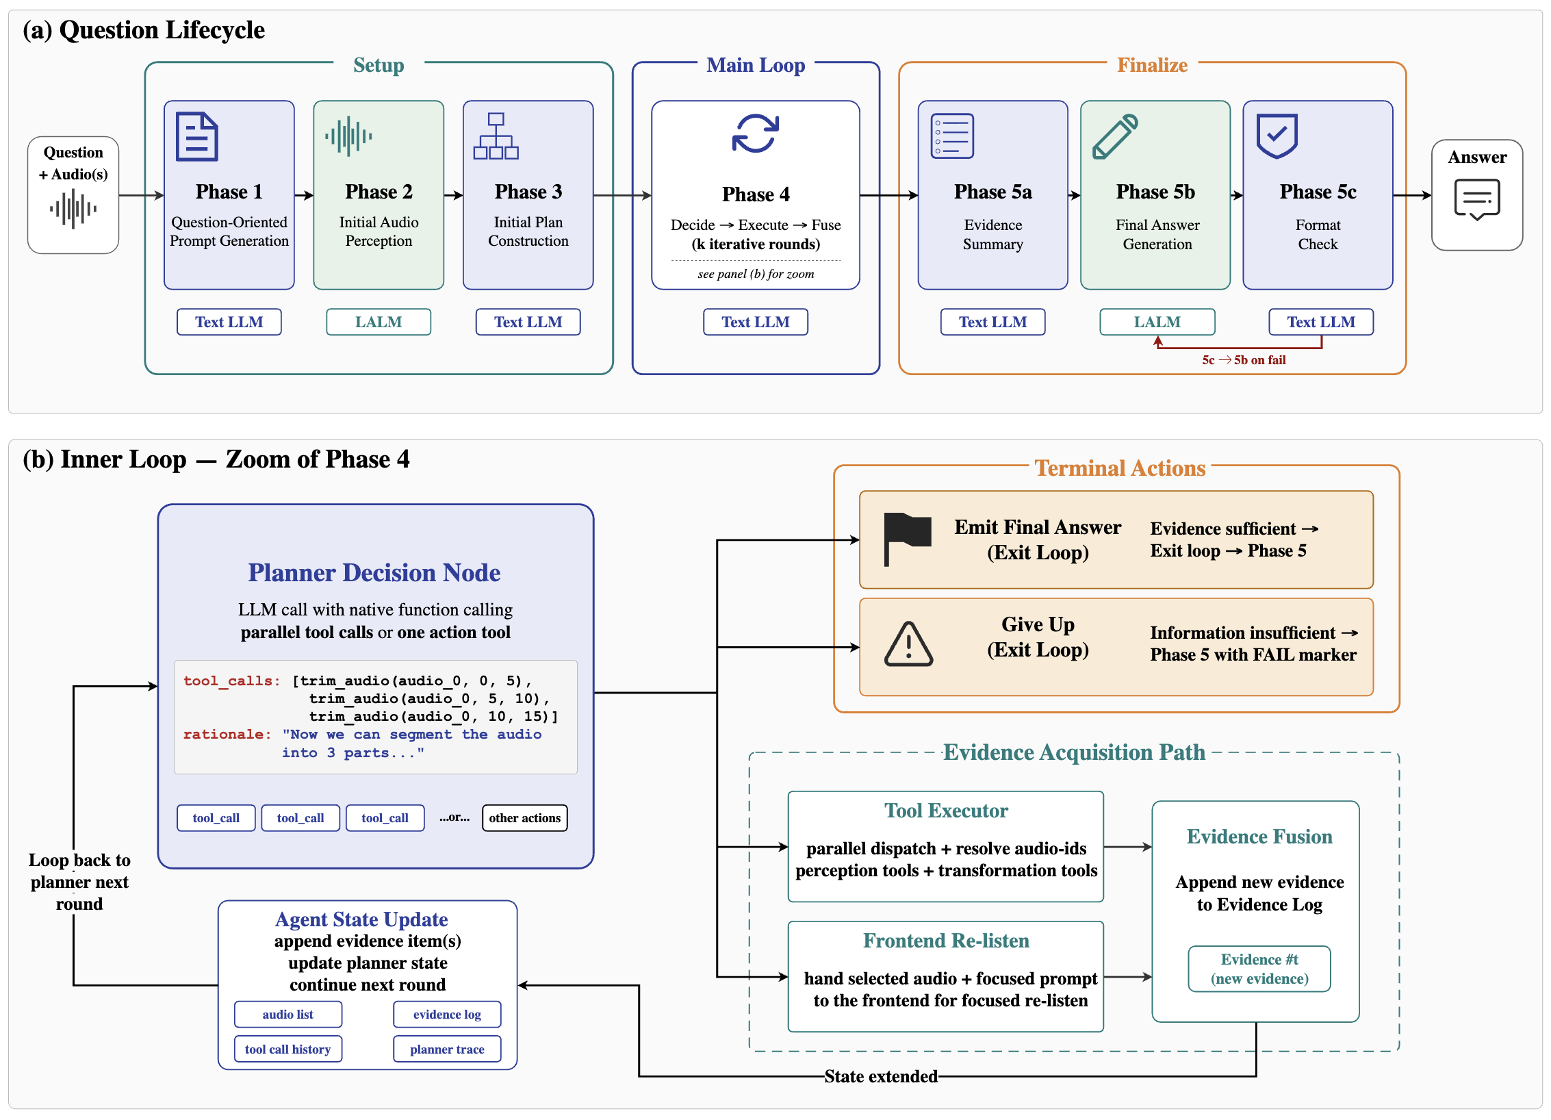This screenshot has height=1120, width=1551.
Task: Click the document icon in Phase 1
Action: pyautogui.click(x=197, y=136)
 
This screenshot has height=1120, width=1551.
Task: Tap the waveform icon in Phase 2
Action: pyautogui.click(x=348, y=136)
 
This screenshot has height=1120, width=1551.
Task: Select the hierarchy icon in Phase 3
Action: pyautogui.click(x=496, y=136)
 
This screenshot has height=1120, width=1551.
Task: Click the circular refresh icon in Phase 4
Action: pyautogui.click(x=755, y=133)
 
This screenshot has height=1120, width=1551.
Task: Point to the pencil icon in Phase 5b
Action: pyautogui.click(x=1115, y=136)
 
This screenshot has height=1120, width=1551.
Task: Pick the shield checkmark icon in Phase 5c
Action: pyautogui.click(x=1277, y=136)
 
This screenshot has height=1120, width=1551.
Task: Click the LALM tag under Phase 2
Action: pyautogui.click(x=379, y=322)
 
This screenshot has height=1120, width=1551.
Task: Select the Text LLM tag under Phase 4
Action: pyautogui.click(x=756, y=322)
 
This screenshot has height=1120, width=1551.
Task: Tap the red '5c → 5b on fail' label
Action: pyautogui.click(x=1244, y=360)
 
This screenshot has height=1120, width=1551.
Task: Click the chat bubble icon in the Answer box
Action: pyautogui.click(x=1477, y=200)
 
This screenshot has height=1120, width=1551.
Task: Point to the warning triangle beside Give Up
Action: pyautogui.click(x=908, y=644)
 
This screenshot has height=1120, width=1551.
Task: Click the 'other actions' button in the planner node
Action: pyautogui.click(x=525, y=818)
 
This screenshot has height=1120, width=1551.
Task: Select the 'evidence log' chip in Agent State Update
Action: pyautogui.click(x=447, y=1015)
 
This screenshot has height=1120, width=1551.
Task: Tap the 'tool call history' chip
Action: pyautogui.click(x=288, y=1049)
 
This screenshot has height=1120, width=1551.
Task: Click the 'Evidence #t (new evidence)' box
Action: pyautogui.click(x=1259, y=969)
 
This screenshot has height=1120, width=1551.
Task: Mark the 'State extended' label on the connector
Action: pyautogui.click(x=881, y=1076)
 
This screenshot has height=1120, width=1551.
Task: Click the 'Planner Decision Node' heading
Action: pyautogui.click(x=374, y=572)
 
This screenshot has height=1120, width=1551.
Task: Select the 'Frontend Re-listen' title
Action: pyautogui.click(x=946, y=941)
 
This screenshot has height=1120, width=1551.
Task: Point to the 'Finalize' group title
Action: pyautogui.click(x=1153, y=65)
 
